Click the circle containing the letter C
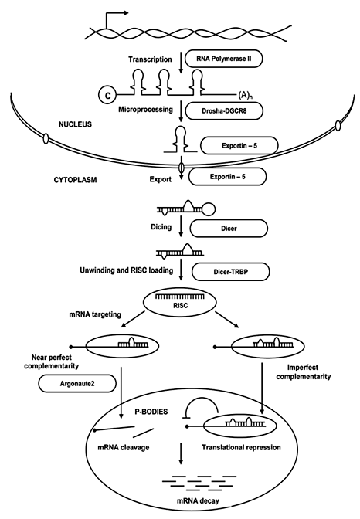[x=105, y=96]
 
